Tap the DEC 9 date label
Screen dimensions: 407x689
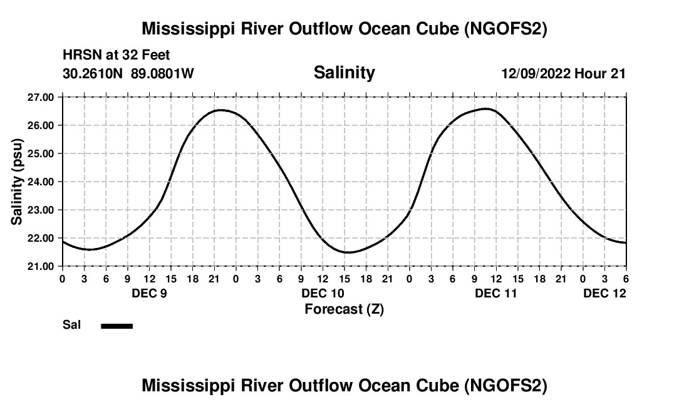click(x=149, y=293)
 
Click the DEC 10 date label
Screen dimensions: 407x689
click(x=323, y=293)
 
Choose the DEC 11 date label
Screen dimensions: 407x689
click(x=496, y=293)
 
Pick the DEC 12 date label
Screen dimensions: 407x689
click(x=604, y=293)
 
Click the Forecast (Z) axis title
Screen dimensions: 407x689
click(x=344, y=309)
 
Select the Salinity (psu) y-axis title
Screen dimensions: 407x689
click(x=18, y=182)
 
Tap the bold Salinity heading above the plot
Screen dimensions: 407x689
click(x=344, y=73)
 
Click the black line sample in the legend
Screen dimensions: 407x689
click(x=117, y=326)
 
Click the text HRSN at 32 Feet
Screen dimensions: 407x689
click(x=116, y=55)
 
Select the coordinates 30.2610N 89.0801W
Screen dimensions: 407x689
click(x=128, y=74)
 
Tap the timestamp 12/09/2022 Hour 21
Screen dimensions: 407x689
click(x=563, y=74)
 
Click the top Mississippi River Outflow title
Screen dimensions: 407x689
click(x=344, y=29)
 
